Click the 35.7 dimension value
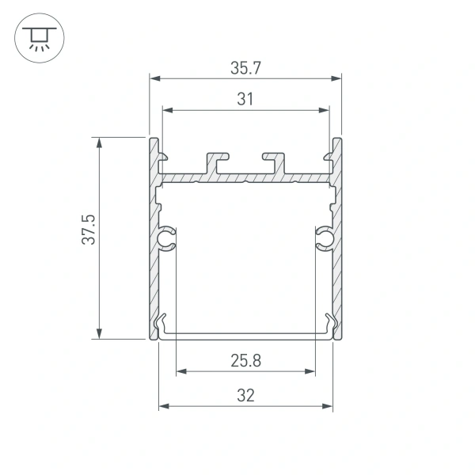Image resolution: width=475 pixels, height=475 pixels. (245, 69)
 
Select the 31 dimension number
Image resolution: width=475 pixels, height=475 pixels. (245, 99)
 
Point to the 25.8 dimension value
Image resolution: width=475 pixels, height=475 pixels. (245, 361)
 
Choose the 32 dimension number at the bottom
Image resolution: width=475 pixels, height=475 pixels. (245, 396)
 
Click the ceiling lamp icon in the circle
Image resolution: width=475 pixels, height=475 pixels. (35, 36)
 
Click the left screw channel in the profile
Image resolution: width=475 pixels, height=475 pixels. (167, 238)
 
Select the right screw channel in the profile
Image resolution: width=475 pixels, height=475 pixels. (325, 238)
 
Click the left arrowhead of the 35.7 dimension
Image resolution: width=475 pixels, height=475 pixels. (155, 79)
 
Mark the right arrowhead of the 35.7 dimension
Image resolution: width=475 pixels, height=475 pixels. (336, 79)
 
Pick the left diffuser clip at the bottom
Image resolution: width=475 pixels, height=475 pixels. (164, 324)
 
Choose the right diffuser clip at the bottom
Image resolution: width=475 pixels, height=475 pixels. (328, 324)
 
